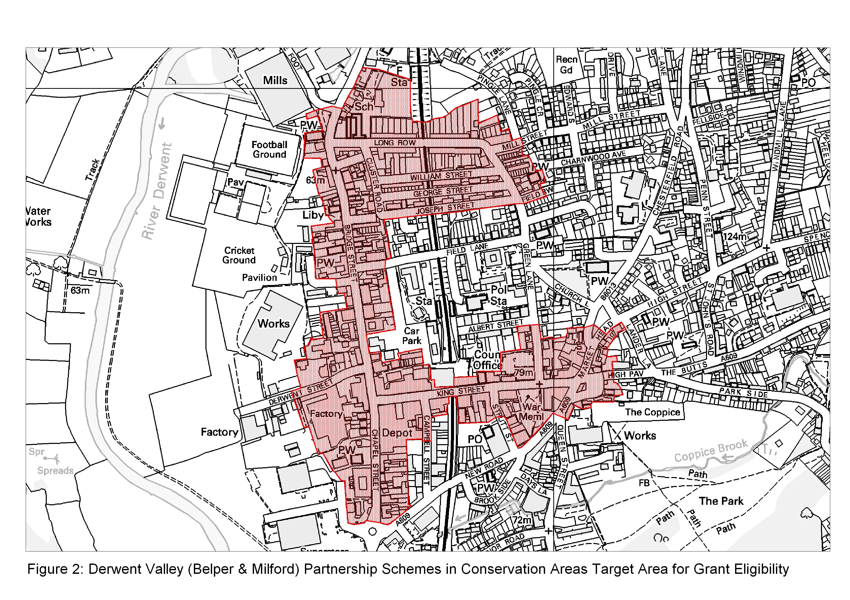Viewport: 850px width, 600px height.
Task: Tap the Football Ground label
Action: [x=269, y=150]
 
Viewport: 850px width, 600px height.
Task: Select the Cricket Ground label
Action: [x=239, y=255]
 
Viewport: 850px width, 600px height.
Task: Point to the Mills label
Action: [x=275, y=80]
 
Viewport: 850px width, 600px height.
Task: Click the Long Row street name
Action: [x=395, y=143]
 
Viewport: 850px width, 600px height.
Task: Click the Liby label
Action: [x=313, y=215]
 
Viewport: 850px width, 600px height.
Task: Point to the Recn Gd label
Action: [x=566, y=65]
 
